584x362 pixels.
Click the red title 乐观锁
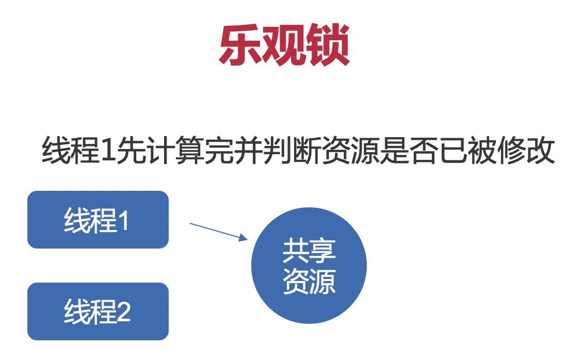coord(284,45)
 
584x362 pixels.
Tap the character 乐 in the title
coord(240,45)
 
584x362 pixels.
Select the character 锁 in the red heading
coord(328,45)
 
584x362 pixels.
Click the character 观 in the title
coord(284,45)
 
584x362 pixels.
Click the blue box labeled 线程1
coord(98,220)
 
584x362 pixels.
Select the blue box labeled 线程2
coord(98,311)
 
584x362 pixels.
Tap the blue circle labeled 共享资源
coord(309,266)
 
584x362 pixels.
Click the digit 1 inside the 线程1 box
coord(124,221)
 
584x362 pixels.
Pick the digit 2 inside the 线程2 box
coord(124,312)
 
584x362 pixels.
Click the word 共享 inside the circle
coord(309,251)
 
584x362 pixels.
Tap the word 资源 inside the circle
coord(309,281)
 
